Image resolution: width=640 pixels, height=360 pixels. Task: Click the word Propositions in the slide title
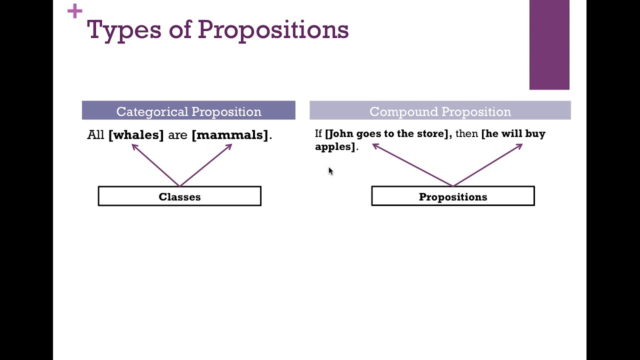(272, 30)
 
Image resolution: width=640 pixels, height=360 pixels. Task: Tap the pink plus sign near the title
(74, 11)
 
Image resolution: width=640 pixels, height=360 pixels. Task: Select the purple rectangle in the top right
(549, 45)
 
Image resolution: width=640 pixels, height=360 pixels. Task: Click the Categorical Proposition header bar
(188, 111)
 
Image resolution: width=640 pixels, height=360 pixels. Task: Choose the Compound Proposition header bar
(440, 111)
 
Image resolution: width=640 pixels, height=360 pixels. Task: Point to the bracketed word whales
(136, 135)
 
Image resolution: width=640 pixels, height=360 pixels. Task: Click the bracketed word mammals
(230, 135)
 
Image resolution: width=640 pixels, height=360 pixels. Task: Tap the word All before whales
(95, 135)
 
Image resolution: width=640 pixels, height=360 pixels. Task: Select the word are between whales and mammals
(177, 135)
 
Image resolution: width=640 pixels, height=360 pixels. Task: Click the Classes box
(179, 196)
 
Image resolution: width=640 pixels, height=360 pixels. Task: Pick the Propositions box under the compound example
(452, 196)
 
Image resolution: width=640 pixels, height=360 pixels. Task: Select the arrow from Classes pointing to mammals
(206, 165)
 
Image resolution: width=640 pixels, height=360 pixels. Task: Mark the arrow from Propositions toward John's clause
(412, 164)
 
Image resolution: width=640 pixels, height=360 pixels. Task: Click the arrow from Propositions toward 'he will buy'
(488, 164)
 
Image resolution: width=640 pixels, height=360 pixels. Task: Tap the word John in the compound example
(341, 134)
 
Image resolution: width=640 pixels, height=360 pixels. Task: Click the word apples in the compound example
(333, 146)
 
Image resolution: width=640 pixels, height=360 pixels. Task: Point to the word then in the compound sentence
(466, 134)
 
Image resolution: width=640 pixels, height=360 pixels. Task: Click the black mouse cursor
(330, 171)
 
